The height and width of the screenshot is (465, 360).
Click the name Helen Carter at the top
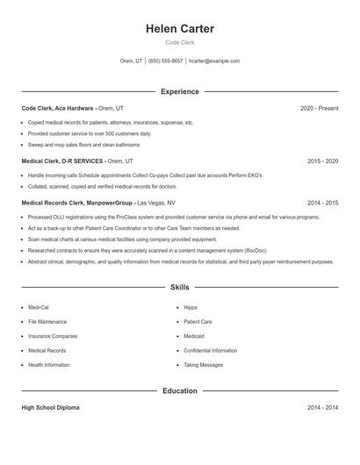179,29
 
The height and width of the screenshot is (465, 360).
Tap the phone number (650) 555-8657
166,61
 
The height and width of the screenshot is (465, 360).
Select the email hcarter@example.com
214,61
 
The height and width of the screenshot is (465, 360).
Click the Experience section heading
179,91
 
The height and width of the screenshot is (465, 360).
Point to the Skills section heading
179,287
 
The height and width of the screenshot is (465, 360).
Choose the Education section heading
179,390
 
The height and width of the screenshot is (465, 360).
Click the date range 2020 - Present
319,108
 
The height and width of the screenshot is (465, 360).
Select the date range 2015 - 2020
322,161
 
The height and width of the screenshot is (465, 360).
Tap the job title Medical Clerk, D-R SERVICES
62,161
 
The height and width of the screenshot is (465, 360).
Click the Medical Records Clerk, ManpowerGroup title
77,202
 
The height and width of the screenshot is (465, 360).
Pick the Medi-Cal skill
39,308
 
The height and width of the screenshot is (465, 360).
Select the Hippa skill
191,308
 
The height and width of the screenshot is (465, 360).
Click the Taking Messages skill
203,365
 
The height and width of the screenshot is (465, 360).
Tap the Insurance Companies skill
53,336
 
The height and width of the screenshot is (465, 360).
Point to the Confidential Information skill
211,350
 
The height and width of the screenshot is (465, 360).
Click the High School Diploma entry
51,408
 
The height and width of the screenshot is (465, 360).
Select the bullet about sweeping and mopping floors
83,144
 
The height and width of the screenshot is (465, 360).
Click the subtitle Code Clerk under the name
179,43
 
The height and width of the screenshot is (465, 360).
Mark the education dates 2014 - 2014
322,408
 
